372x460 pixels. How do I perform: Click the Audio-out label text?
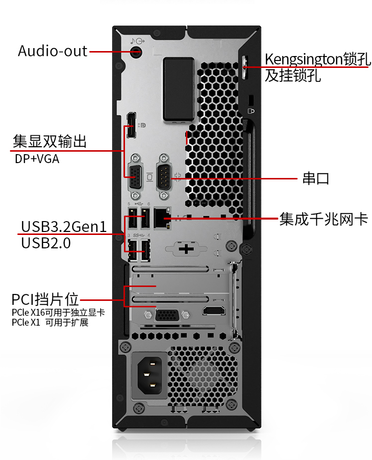pos(53,51)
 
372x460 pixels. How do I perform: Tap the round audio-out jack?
pos(136,52)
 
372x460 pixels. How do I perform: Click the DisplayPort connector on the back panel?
pos(131,125)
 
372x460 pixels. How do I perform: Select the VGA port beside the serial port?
pos(135,176)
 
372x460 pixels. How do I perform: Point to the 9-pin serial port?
pos(164,176)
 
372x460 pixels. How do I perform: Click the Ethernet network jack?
pos(162,219)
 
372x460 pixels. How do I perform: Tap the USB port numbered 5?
pos(133,218)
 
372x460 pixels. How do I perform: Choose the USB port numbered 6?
pos(145,218)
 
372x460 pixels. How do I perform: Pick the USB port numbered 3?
pos(133,250)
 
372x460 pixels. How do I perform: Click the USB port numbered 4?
pos(145,250)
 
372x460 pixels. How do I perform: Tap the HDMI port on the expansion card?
pos(214,310)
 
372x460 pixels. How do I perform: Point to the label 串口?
pos(316,178)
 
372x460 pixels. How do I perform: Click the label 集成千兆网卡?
pos(323,219)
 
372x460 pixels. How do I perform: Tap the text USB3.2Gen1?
pos(63,227)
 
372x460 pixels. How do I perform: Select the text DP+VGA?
pos(37,159)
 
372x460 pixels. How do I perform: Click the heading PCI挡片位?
pos(45,299)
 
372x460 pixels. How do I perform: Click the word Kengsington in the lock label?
pos(304,59)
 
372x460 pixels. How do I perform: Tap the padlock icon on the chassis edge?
pos(251,111)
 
